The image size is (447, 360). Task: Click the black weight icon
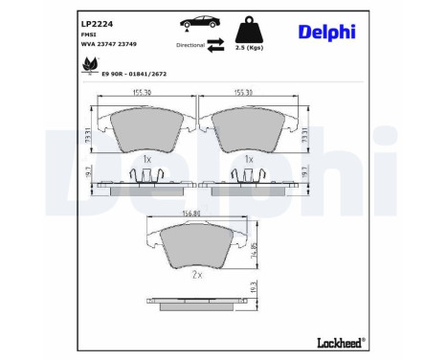coord(249,26)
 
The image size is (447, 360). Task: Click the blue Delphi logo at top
coord(327,32)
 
